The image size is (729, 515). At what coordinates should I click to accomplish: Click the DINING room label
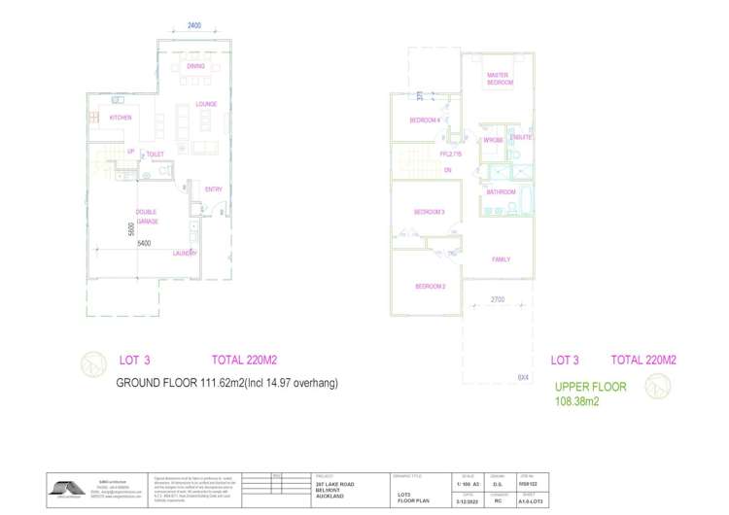pos(195,66)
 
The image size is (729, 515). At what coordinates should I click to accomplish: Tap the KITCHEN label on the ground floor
pos(120,118)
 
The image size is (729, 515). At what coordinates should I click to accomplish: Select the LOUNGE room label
pos(205,104)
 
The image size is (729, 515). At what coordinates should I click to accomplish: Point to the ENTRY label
pos(214,189)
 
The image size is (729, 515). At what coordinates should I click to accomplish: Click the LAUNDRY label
pos(185,254)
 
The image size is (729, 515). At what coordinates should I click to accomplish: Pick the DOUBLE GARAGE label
pos(147,217)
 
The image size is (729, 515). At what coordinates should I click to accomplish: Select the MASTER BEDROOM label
pos(500,79)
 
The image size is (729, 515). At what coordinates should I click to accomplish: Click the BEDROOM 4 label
pos(425,120)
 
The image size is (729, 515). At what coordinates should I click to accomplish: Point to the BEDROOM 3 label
pos(429,212)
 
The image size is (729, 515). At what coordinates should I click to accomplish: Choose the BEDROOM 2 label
pos(430,287)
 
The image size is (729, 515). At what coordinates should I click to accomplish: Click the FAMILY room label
pos(502,259)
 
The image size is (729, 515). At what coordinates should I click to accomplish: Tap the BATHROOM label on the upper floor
pos(501,192)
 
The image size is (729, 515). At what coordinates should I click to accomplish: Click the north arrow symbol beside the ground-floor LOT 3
pos(94,364)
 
